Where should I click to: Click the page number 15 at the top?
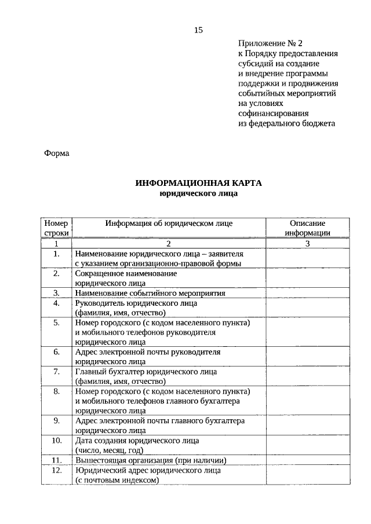click(198, 30)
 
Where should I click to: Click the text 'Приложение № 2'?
click(270, 43)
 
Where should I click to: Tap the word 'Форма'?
click(56, 153)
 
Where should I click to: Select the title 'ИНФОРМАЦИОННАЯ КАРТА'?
click(198, 183)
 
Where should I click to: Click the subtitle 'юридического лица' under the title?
click(198, 193)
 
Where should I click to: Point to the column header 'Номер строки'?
click(56, 228)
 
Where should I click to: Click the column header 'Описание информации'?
click(307, 228)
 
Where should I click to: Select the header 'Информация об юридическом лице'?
click(169, 223)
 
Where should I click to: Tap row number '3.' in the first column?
click(56, 293)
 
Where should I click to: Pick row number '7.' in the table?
click(56, 372)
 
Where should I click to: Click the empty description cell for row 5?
click(307, 332)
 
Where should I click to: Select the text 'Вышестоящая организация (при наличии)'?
click(150, 460)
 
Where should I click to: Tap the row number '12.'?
click(56, 471)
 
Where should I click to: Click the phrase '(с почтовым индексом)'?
click(117, 481)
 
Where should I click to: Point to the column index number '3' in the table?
click(307, 244)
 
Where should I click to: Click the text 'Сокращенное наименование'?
click(126, 273)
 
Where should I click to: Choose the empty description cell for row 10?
click(307, 445)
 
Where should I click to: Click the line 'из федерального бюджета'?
click(286, 123)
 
